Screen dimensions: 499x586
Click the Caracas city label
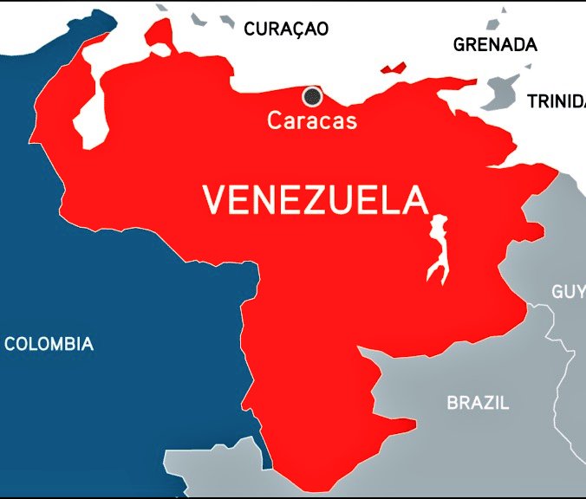tap(311, 120)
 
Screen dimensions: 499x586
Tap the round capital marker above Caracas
tap(311, 96)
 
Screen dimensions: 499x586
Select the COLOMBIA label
tap(49, 344)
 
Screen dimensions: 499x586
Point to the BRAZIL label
tap(478, 403)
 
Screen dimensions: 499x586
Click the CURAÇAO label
tap(286, 29)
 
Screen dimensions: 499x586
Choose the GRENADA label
tap(495, 45)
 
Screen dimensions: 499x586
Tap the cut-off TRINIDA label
tap(556, 101)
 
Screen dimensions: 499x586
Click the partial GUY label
tap(568, 291)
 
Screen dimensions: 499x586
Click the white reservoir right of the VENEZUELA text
tap(439, 251)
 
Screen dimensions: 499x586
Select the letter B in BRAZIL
tap(452, 403)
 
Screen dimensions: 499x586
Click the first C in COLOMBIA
tap(10, 344)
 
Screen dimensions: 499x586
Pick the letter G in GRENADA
tap(459, 45)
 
